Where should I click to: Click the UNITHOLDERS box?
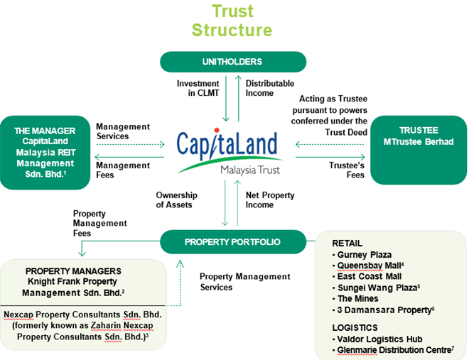(x=233, y=62)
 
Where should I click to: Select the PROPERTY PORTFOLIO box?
(x=233, y=241)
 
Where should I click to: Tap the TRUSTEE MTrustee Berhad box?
(x=419, y=150)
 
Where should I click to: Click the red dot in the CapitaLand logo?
(x=217, y=130)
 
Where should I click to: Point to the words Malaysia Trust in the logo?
(x=250, y=170)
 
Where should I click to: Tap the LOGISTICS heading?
(x=355, y=328)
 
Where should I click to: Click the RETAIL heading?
(x=347, y=243)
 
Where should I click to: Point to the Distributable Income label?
(x=270, y=88)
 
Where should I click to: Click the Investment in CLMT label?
(x=198, y=88)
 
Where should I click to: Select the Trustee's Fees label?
(x=347, y=170)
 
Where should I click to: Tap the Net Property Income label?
(x=270, y=200)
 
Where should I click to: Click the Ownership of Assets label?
(x=176, y=200)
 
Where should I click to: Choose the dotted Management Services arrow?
(x=130, y=145)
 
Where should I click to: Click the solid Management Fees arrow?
(x=129, y=157)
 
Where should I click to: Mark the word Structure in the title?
(x=232, y=30)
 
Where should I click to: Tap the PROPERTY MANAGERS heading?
(x=73, y=271)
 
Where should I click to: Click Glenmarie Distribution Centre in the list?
(x=395, y=350)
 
